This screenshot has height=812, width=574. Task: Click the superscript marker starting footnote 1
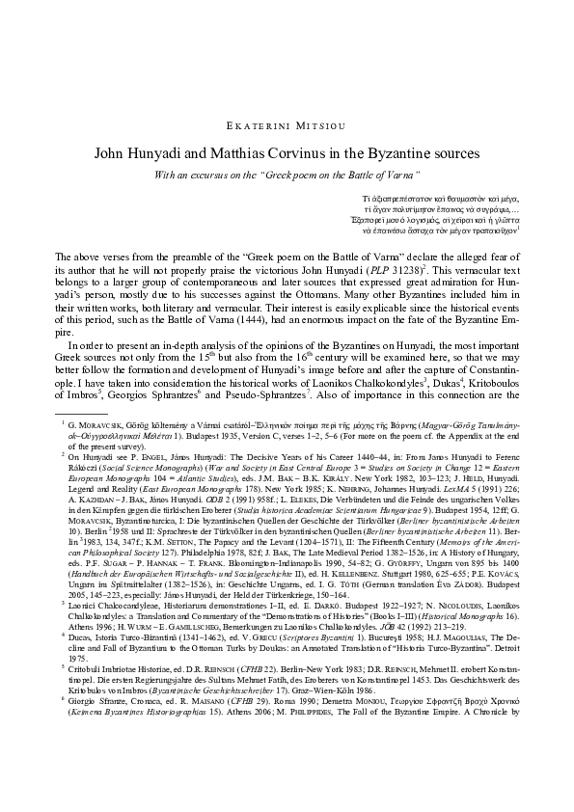(60, 420)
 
